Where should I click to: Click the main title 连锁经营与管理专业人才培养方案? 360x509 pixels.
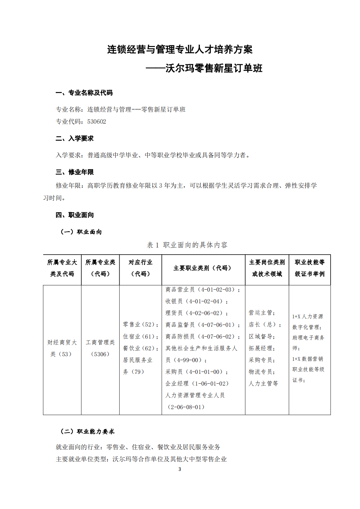point(180,50)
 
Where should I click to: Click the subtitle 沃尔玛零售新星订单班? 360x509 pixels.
point(214,68)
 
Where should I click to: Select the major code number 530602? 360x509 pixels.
point(97,122)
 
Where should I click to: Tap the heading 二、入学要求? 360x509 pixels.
point(74,138)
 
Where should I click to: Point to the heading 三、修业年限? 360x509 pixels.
point(74,172)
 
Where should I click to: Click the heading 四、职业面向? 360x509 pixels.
point(74,215)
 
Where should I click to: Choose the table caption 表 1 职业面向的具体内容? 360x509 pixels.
point(187,245)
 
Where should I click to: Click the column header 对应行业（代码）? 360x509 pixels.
point(140,268)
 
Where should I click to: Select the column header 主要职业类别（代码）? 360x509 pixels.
point(203,268)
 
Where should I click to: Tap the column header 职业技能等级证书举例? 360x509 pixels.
point(309,268)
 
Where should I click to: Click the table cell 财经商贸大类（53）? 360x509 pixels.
point(62,348)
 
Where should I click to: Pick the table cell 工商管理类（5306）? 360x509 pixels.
point(100,348)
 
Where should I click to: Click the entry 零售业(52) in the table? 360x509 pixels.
point(140,325)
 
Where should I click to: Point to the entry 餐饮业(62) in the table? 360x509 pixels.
point(140,348)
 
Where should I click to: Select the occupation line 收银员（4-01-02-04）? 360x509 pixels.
point(196,301)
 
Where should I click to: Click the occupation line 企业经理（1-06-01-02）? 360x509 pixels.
point(197,384)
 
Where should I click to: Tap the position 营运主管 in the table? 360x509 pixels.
point(262,313)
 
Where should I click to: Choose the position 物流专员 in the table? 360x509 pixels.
point(262,372)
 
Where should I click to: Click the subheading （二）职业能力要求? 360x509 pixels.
point(88,432)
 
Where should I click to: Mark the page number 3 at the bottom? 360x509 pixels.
point(180,469)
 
